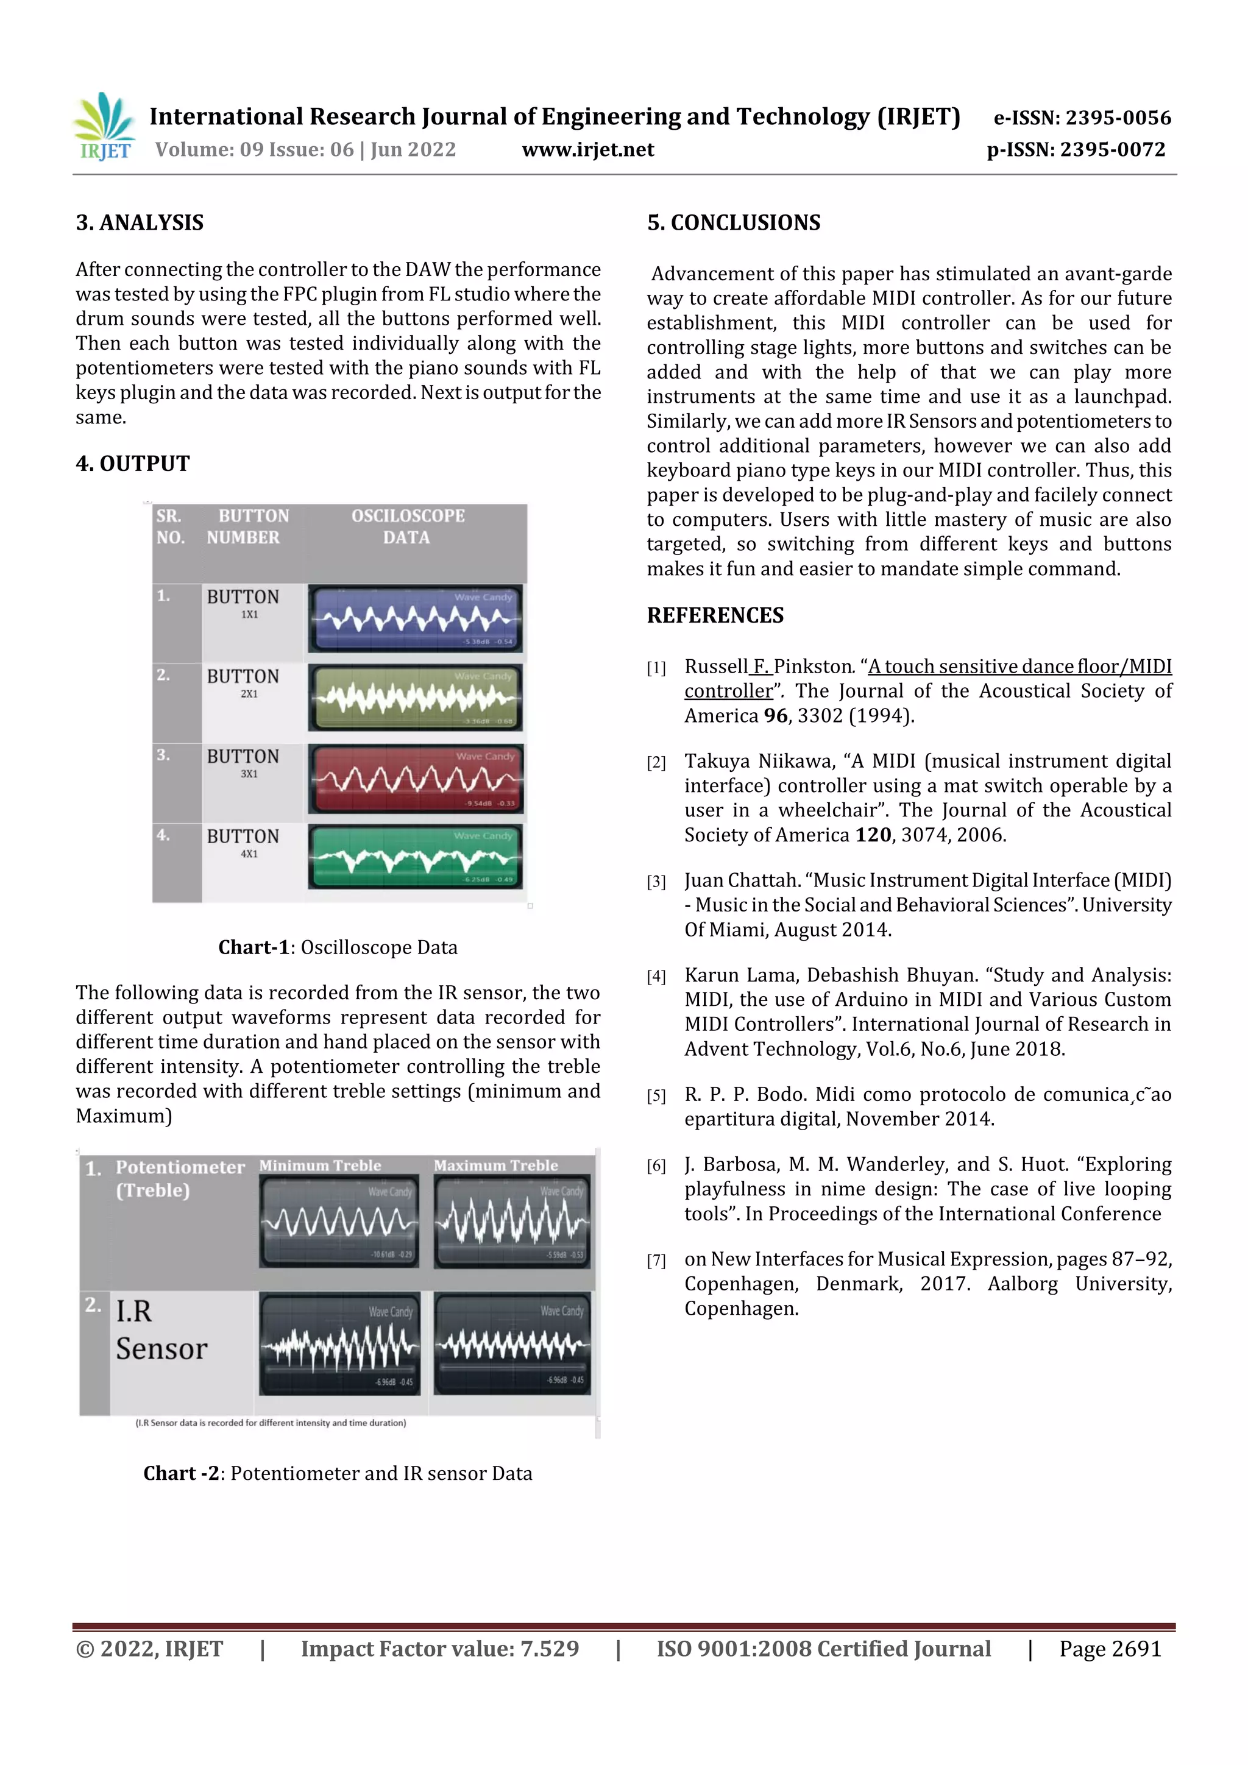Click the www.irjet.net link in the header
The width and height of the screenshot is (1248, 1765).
(x=587, y=150)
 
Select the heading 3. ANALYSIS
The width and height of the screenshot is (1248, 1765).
(x=139, y=223)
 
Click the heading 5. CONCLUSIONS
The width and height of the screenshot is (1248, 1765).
(x=733, y=223)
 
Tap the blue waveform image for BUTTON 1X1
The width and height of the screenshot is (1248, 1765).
(x=415, y=619)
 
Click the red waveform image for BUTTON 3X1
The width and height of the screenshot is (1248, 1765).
(x=415, y=779)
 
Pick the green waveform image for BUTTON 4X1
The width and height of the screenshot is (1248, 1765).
(x=415, y=857)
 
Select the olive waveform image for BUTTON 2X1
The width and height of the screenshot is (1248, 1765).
(x=415, y=698)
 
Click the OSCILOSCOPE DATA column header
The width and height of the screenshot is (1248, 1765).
(x=408, y=526)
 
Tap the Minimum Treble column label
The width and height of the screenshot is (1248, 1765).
(x=320, y=1165)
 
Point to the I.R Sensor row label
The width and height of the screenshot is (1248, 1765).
(x=161, y=1330)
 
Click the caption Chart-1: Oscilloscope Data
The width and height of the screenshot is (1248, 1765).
(x=338, y=947)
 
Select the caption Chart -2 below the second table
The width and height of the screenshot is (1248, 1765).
(x=338, y=1473)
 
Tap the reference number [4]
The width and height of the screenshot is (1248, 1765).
(x=656, y=976)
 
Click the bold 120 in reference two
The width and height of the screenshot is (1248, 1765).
(x=873, y=835)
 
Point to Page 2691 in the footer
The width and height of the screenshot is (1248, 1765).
(x=1110, y=1649)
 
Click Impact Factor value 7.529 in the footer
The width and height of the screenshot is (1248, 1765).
(x=439, y=1649)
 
